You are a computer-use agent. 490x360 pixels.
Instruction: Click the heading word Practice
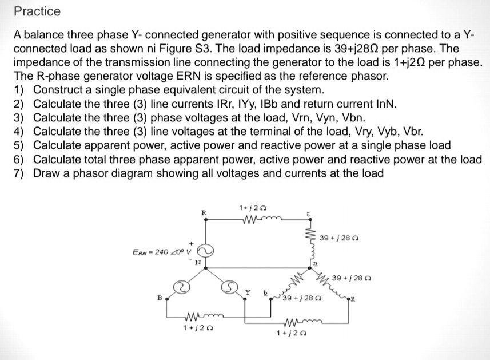click(37, 11)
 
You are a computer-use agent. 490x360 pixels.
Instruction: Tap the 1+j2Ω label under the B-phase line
click(195, 327)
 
